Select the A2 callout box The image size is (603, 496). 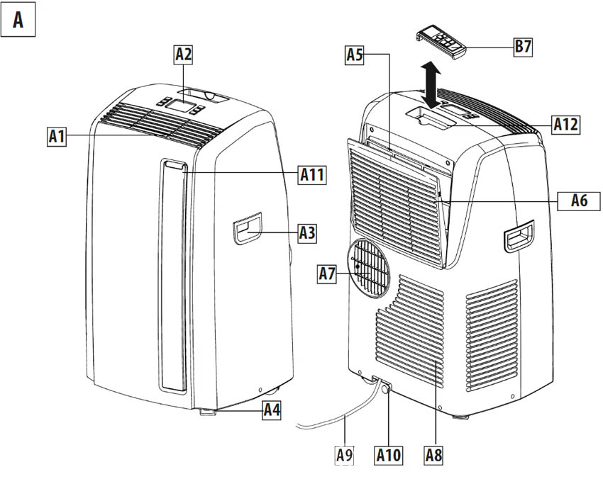[x=184, y=53]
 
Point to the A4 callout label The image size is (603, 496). [x=272, y=409]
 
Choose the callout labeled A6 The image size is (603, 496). [x=579, y=201]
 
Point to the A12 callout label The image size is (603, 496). [x=565, y=125]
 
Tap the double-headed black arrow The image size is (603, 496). [x=429, y=84]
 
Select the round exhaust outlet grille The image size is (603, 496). [x=368, y=267]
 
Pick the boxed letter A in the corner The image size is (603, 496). [x=18, y=21]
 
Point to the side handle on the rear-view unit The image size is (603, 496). [x=519, y=235]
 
